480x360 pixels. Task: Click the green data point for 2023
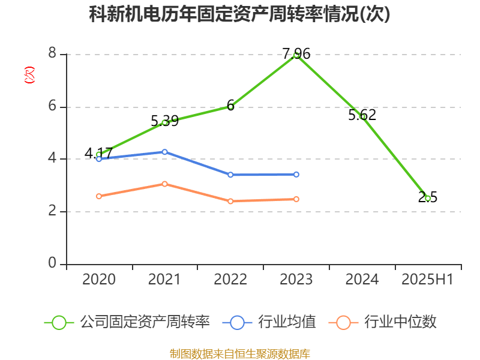click(296, 55)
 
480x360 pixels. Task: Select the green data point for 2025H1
click(428, 198)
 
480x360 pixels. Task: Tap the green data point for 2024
click(362, 116)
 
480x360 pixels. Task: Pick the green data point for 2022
click(230, 107)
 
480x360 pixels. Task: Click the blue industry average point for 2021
click(164, 152)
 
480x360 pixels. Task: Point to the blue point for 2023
click(296, 174)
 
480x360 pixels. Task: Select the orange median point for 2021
click(164, 184)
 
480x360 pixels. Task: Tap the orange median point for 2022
click(230, 201)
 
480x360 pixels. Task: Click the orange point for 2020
click(99, 196)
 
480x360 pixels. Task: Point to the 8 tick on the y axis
click(52, 54)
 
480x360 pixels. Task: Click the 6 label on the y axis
click(52, 107)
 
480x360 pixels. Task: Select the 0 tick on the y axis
click(52, 264)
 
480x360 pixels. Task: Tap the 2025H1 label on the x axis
click(428, 280)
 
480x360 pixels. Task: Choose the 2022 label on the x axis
click(230, 280)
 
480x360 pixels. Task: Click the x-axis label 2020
click(99, 280)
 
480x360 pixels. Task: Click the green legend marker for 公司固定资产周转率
click(59, 322)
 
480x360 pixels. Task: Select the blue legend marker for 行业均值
click(237, 322)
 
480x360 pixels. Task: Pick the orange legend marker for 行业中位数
click(343, 322)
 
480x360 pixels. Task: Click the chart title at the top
click(239, 14)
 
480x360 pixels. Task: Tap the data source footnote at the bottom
click(239, 353)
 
